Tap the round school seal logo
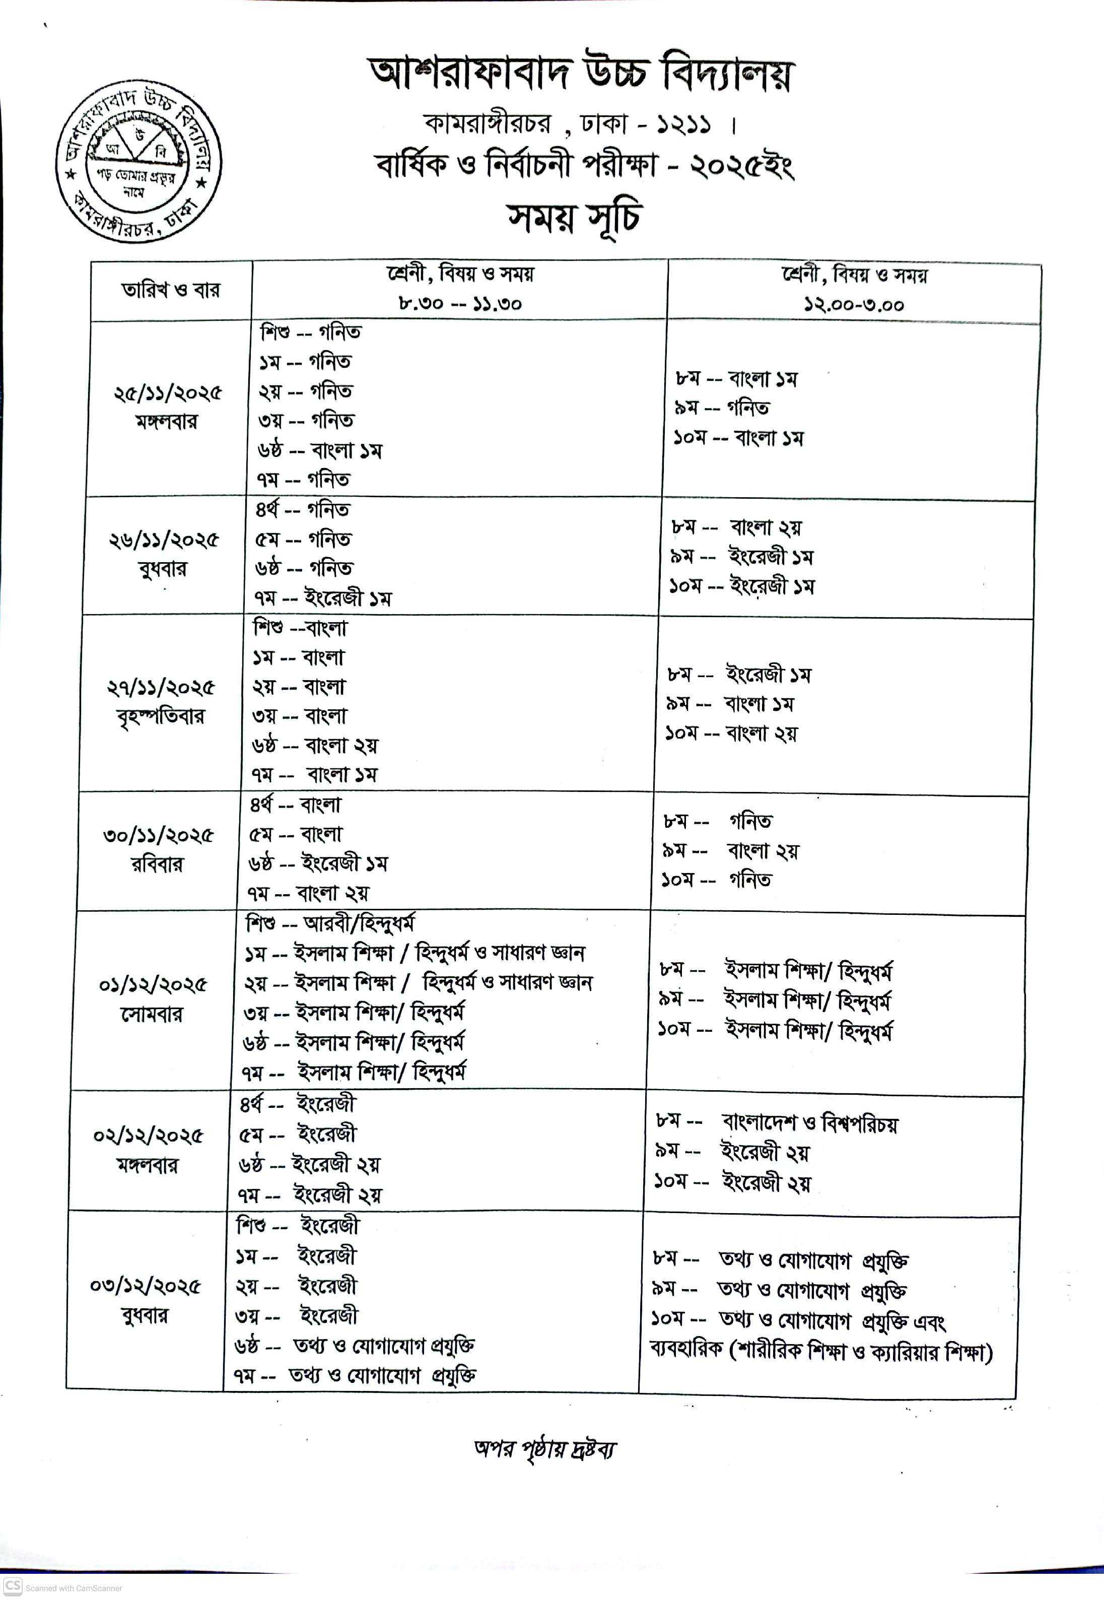139,164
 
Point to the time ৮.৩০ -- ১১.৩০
459,303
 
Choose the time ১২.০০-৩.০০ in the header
854,304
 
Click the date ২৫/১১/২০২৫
168,393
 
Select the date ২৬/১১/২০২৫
163,540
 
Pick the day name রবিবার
157,864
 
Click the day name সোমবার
152,1014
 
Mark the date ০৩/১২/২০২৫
145,1286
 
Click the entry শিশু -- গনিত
311,332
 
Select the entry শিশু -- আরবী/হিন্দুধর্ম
330,923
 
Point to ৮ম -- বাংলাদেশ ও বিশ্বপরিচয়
776,1122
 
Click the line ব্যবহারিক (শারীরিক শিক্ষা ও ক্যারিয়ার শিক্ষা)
821,1350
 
